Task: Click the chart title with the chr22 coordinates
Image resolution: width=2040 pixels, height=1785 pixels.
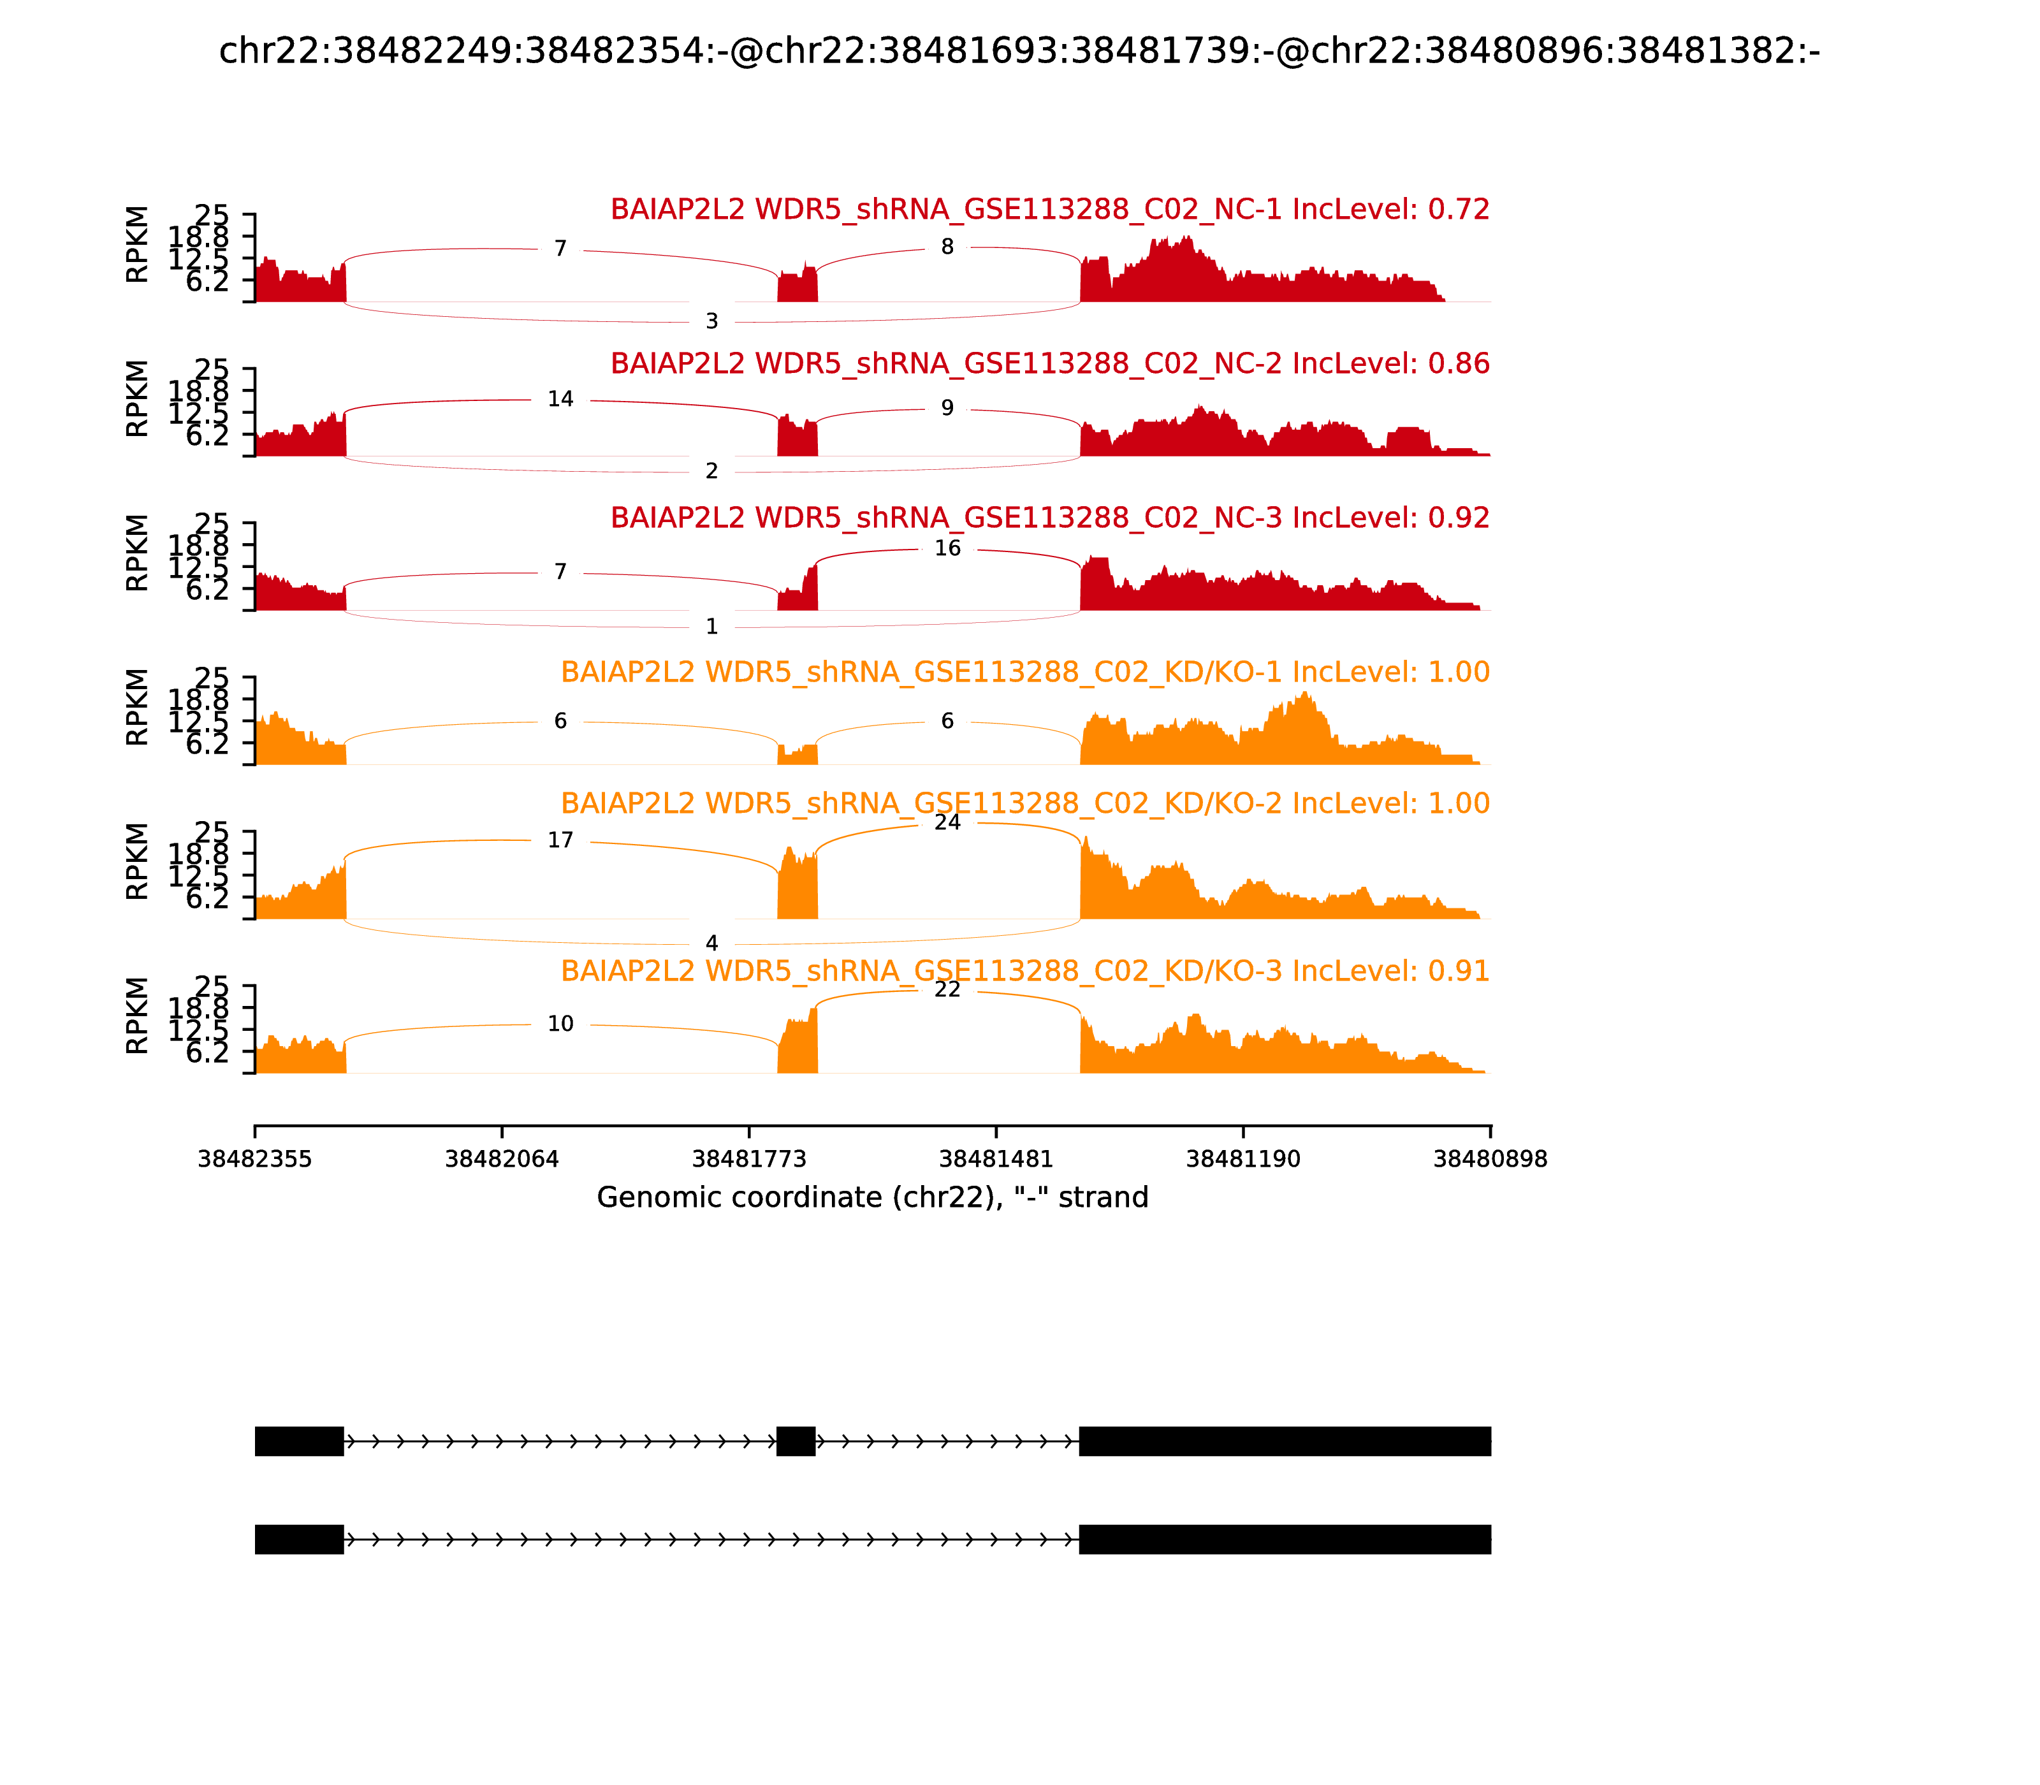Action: (x=1019, y=51)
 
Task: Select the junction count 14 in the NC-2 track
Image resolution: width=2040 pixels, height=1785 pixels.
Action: (x=561, y=400)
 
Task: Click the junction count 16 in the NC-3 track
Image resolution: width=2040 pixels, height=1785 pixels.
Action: (x=947, y=549)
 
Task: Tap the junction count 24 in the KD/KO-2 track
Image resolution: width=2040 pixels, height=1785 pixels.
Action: (x=947, y=823)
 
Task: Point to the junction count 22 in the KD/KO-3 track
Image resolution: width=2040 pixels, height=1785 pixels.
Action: (x=947, y=989)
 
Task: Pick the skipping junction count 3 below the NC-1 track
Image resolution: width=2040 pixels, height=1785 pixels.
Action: (x=711, y=322)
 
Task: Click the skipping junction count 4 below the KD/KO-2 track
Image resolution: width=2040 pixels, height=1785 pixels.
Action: (x=711, y=943)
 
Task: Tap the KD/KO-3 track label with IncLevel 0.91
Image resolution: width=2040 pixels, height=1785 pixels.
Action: (x=1025, y=971)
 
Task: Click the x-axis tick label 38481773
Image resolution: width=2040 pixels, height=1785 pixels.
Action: (x=749, y=1160)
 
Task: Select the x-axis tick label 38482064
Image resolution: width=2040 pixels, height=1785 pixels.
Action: (x=502, y=1160)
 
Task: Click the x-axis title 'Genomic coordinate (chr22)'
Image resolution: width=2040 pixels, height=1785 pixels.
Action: (x=873, y=1197)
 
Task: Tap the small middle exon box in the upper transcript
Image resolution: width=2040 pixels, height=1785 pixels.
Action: (x=796, y=1441)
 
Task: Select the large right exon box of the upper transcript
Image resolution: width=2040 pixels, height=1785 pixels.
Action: (x=1285, y=1441)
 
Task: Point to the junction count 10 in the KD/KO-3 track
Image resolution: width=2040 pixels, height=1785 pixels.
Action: (x=561, y=1024)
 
